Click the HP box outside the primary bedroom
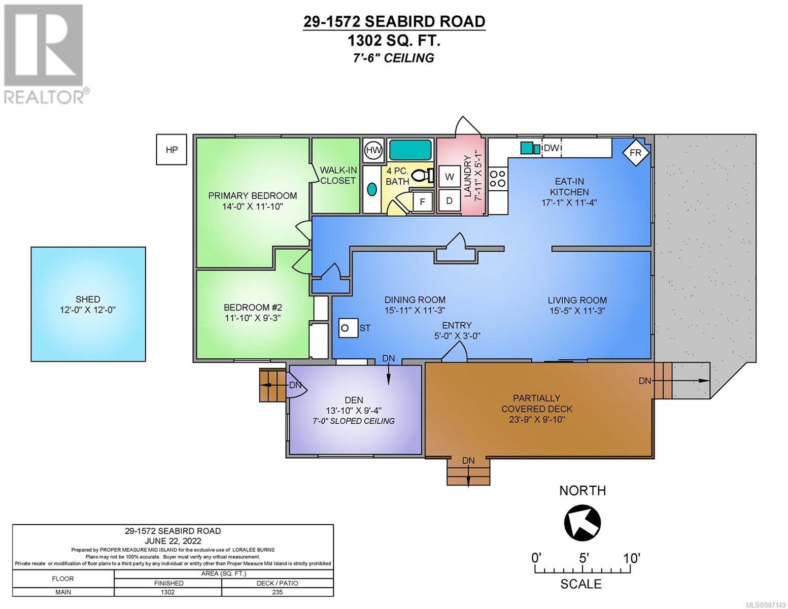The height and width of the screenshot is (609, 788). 171,149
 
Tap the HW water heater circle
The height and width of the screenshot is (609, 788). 373,150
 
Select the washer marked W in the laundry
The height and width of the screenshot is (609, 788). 449,177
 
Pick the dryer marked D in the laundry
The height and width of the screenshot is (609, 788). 449,200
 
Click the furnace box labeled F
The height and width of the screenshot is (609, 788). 423,201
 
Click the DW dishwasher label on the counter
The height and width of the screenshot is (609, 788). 552,148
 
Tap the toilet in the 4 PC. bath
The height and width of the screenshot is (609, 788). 423,176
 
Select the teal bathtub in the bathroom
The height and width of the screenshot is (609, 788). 410,150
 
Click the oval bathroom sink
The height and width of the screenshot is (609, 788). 372,189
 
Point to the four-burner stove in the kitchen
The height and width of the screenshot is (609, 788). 498,179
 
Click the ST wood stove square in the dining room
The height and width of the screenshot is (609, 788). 348,328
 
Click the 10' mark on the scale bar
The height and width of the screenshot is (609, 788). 631,558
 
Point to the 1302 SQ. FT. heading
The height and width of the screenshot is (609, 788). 394,41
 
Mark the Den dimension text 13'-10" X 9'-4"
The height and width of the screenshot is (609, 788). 354,411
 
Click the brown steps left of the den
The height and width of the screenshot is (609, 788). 273,385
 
